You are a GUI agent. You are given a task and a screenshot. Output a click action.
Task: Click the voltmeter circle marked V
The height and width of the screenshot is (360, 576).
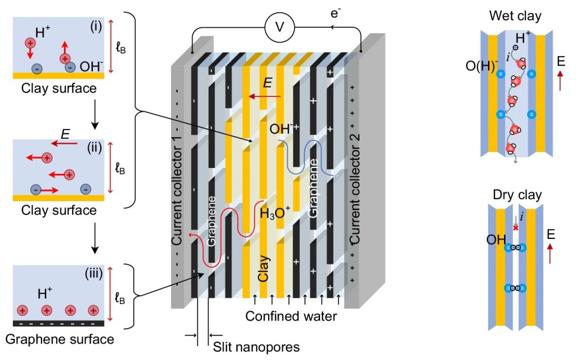pyautogui.click(x=279, y=27)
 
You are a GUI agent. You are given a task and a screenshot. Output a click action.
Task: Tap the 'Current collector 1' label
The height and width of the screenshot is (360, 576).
pyautogui.click(x=177, y=194)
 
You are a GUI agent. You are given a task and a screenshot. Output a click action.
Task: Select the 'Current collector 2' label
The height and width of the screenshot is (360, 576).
pyautogui.click(x=355, y=188)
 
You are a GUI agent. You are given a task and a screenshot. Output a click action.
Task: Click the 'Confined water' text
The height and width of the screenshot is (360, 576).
pyautogui.click(x=291, y=316)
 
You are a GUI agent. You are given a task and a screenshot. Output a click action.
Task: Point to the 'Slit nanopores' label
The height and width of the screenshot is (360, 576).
pyautogui.click(x=256, y=347)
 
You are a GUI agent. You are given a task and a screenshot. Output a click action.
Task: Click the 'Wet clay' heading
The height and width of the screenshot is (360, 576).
pyautogui.click(x=515, y=16)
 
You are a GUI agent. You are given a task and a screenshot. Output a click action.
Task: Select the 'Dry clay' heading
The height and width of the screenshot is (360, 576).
pyautogui.click(x=517, y=195)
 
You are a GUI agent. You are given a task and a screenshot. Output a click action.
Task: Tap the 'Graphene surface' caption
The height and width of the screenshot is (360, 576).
pyautogui.click(x=60, y=339)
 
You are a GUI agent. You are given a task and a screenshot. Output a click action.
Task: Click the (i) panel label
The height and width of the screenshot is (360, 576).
pyautogui.click(x=95, y=27)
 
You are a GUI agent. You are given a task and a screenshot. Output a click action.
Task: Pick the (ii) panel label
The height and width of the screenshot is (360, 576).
pyautogui.click(x=94, y=147)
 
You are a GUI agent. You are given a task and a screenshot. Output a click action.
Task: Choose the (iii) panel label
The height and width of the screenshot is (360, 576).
pyautogui.click(x=93, y=274)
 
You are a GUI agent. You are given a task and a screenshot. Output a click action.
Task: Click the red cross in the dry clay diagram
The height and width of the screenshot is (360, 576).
pyautogui.click(x=516, y=228)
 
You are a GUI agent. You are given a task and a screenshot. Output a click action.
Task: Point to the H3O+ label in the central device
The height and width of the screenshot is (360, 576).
pyautogui.click(x=275, y=213)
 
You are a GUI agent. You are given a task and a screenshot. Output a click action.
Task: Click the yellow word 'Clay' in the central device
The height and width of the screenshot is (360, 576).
pyautogui.click(x=263, y=268)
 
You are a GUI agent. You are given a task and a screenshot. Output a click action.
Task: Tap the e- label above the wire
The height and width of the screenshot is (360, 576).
pyautogui.click(x=335, y=13)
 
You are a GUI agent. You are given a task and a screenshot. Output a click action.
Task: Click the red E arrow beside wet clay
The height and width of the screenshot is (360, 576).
pyautogui.click(x=560, y=81)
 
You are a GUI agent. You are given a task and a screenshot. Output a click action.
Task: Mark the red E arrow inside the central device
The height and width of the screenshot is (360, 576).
pyautogui.click(x=265, y=97)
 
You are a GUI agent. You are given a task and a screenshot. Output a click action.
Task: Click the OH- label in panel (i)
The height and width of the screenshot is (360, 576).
pyautogui.click(x=91, y=66)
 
